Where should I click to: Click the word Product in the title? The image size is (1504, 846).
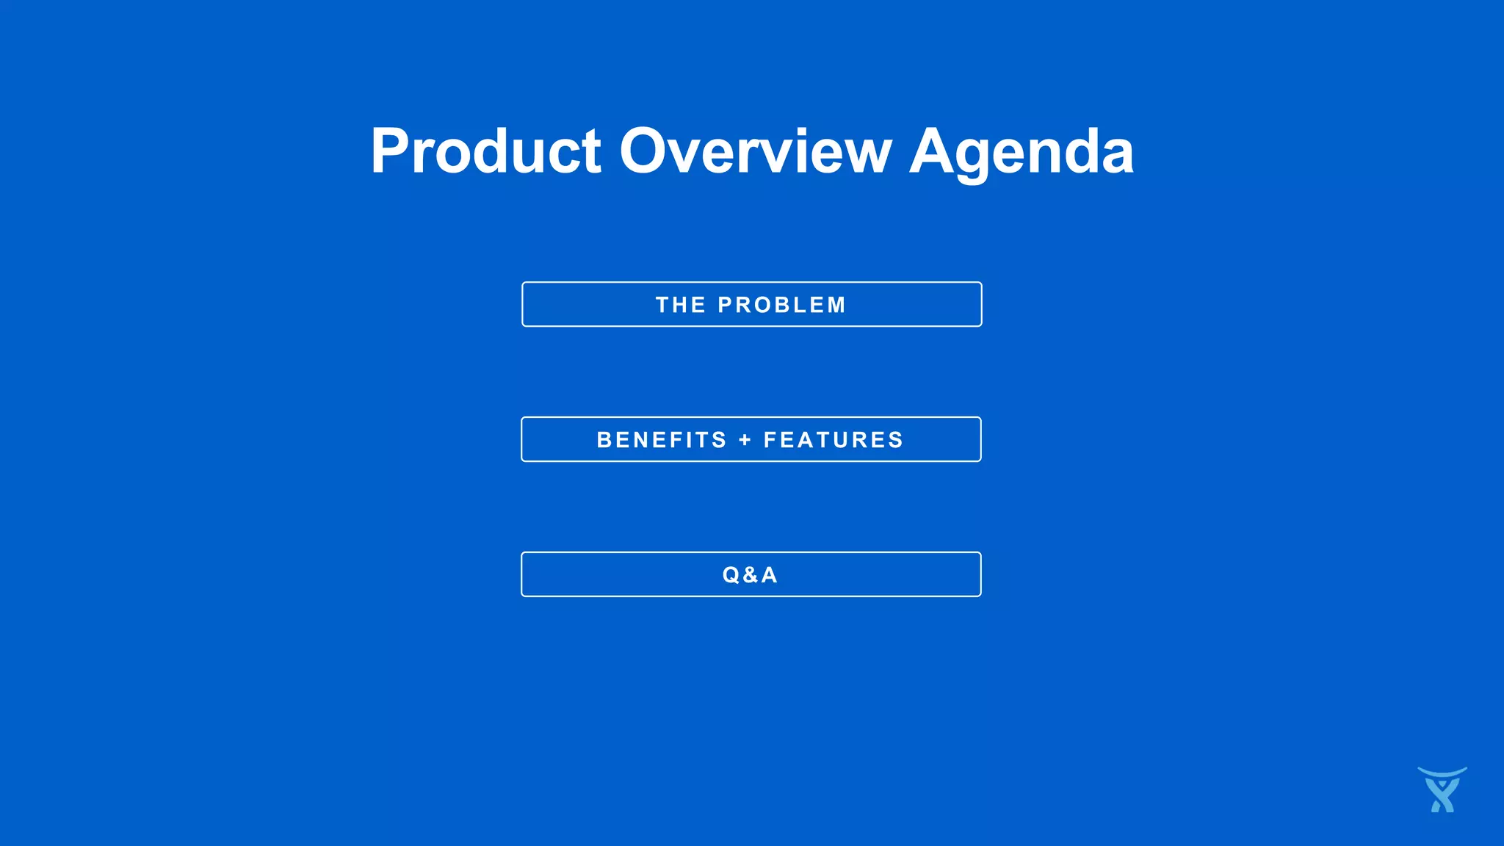[x=485, y=151]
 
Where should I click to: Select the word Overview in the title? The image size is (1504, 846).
[x=755, y=151]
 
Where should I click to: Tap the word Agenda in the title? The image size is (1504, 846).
[x=1022, y=151]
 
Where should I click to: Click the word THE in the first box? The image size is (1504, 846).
[x=680, y=305]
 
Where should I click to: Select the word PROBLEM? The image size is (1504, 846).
[x=781, y=305]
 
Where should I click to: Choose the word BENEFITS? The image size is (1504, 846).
[x=662, y=440]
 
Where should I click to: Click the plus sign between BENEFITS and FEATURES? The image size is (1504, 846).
[x=745, y=440]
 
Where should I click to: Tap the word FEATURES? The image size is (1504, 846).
[x=834, y=440]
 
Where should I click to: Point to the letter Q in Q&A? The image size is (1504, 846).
[x=731, y=575]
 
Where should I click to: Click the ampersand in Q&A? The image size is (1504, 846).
[x=750, y=575]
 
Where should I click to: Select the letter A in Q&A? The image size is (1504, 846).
[x=769, y=575]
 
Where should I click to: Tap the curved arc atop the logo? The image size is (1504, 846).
[x=1442, y=773]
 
